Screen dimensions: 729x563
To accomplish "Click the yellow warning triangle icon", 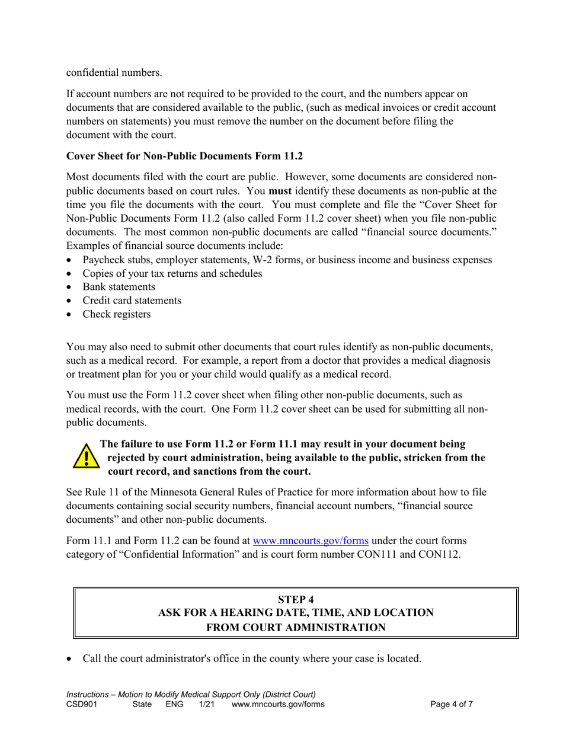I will coord(86,457).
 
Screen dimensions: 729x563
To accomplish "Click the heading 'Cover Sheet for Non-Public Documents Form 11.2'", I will coord(184,156).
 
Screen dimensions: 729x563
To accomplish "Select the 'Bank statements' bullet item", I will coord(119,287).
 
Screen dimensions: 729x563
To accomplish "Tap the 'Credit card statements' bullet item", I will coord(132,300).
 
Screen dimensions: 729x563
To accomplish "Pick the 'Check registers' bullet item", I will coord(116,314).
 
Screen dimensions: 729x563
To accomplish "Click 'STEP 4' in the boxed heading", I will coord(296,599).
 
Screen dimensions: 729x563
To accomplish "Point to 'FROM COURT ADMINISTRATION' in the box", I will coord(296,627).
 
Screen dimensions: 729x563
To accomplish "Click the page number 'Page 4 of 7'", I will coord(452,705).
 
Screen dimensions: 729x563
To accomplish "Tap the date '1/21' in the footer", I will coord(206,705).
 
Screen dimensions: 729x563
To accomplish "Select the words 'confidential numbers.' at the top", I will coord(113,73).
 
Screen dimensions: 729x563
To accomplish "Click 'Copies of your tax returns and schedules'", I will coord(172,273).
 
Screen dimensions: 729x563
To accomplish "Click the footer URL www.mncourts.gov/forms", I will coord(278,705).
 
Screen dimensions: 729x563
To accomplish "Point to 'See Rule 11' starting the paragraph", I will coord(92,492).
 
